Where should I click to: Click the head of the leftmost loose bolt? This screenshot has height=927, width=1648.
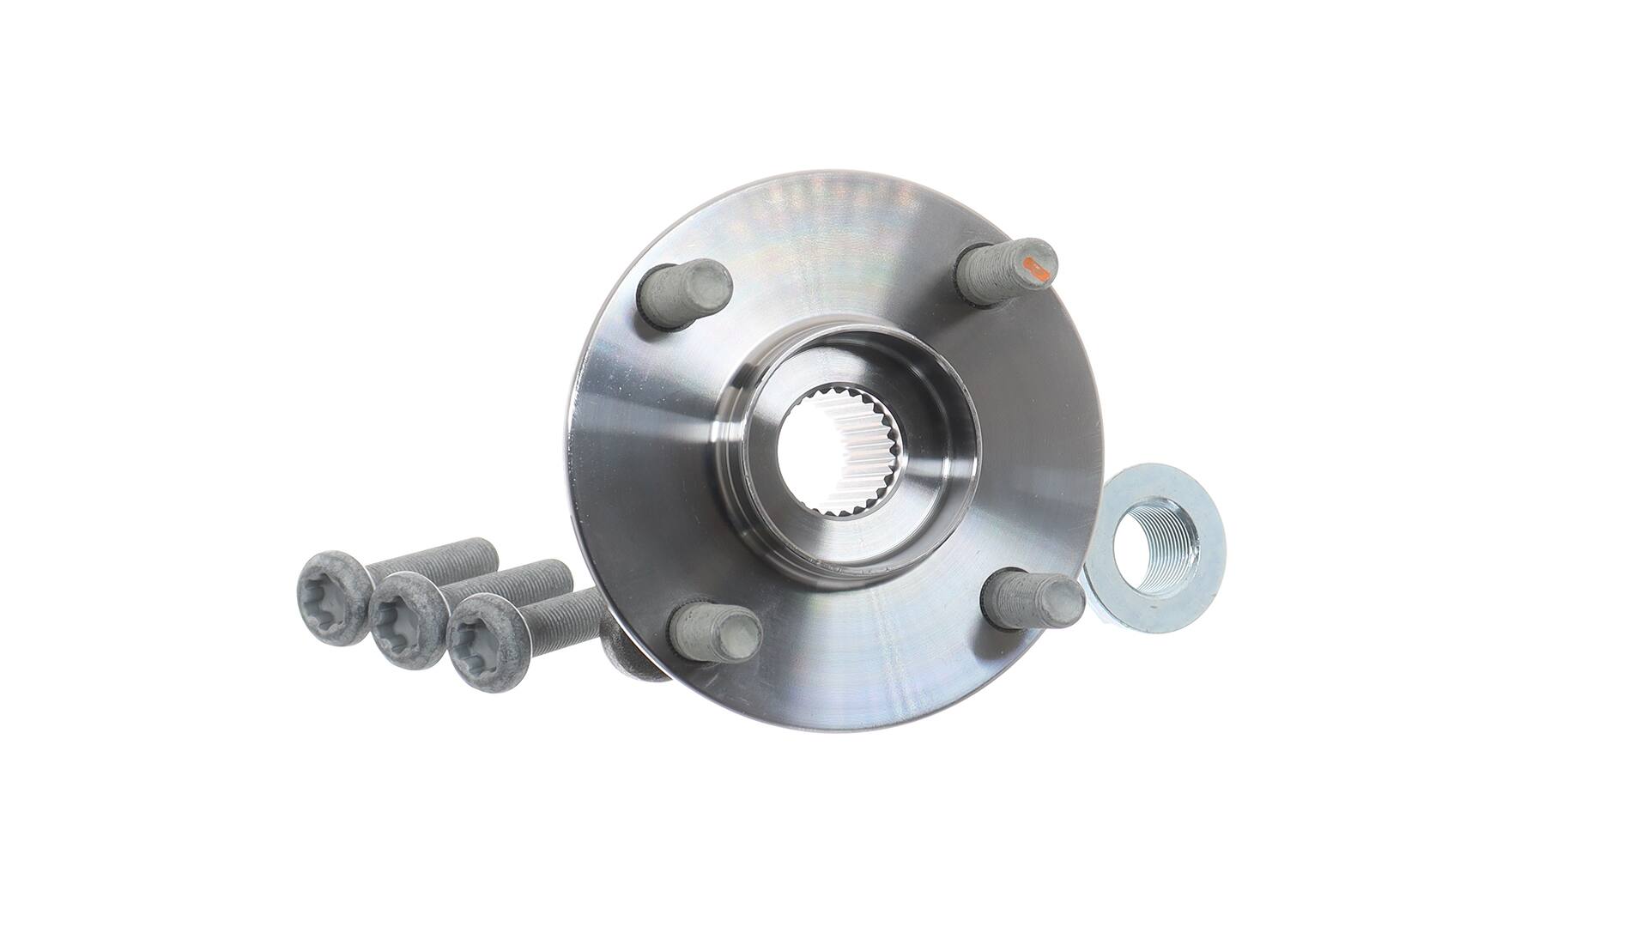tap(331, 595)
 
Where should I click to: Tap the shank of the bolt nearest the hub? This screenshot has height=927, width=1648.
tap(566, 614)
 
